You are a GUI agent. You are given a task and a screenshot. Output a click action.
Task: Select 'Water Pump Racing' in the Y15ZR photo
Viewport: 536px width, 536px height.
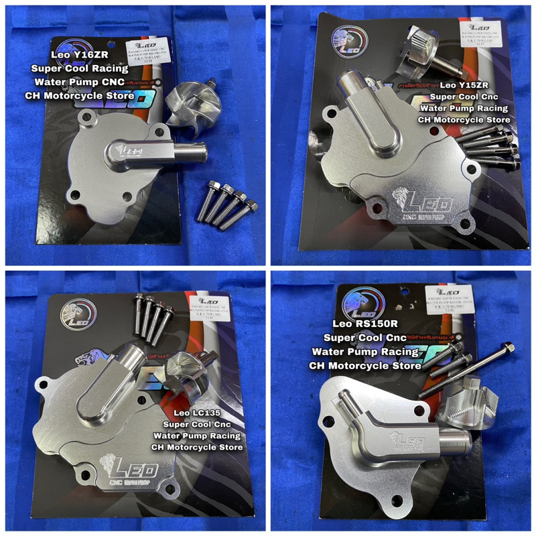(467, 108)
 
